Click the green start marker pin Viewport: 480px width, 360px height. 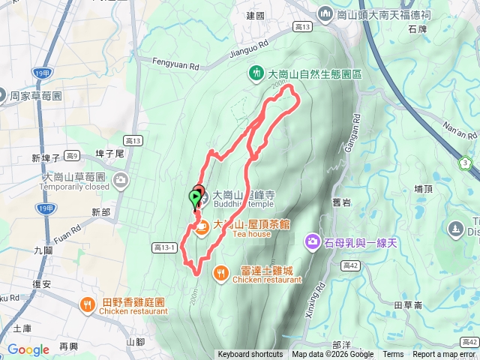195,198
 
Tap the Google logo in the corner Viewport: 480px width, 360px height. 28,349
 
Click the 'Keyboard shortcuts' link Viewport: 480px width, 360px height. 250,355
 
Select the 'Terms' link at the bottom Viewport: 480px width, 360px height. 393,355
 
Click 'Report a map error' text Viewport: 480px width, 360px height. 445,355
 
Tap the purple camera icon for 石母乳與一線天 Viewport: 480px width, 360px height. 312,241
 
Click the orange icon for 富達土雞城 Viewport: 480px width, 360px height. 220,271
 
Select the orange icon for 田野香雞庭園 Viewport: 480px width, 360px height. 88,304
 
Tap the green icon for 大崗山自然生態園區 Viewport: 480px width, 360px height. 256,73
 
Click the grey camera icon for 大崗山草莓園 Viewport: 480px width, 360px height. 121,181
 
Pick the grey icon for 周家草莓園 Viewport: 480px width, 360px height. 4,96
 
